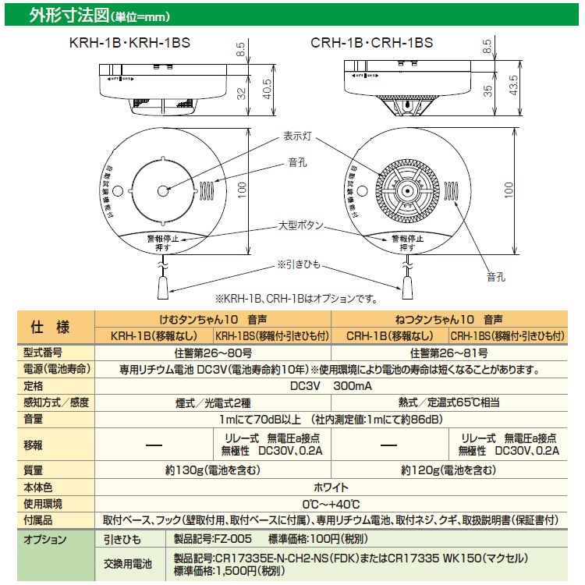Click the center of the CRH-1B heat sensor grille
[x=406, y=190]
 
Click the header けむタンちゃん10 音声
[x=212, y=319]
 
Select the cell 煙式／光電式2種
[x=212, y=402]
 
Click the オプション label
[x=45, y=539]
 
